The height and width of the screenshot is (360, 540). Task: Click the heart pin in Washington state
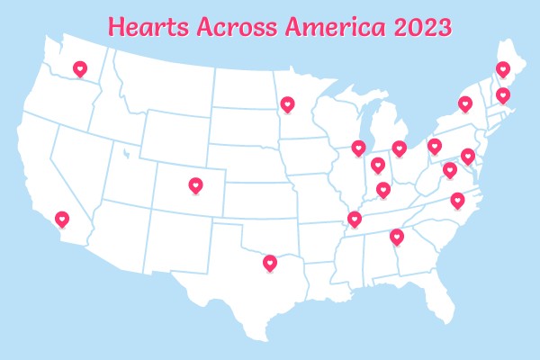79,68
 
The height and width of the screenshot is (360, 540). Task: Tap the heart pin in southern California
62,218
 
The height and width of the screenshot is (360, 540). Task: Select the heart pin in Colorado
196,185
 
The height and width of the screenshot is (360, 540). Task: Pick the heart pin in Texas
270,263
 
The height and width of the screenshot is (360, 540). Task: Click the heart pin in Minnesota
286,104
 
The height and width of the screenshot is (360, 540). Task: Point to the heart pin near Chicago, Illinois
358,147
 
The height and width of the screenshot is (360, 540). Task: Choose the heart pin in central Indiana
378,165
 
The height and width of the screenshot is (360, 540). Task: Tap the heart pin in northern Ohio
400,147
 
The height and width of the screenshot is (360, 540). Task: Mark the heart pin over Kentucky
383,189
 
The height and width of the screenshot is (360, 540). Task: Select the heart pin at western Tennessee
355,219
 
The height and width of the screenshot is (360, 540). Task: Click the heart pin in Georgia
397,237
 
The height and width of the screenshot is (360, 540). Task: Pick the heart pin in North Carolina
457,200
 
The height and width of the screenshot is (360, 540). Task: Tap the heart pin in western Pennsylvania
435,145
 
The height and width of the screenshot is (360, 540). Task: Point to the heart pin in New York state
465,103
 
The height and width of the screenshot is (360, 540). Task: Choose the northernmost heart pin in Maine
503,68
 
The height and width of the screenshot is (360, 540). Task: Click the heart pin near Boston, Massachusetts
503,94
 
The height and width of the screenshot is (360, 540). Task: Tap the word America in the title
333,27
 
